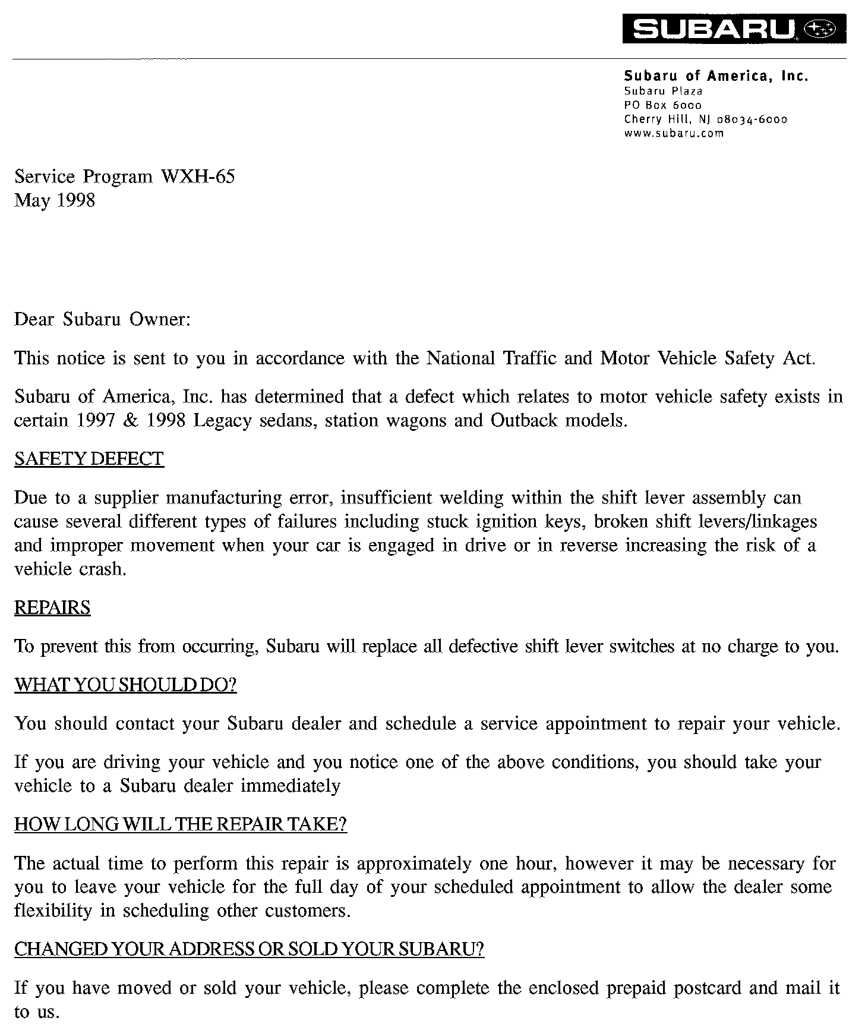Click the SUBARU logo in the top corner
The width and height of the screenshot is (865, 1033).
click(713, 29)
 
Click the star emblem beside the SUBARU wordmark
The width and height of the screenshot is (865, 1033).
click(820, 29)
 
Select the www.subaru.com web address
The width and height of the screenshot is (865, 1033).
click(674, 133)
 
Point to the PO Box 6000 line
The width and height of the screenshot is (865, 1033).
click(662, 105)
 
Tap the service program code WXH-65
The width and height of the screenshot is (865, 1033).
click(198, 177)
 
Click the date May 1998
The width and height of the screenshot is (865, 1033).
click(55, 200)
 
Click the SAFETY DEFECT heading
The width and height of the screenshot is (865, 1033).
click(89, 459)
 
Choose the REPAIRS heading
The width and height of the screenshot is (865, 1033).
click(52, 607)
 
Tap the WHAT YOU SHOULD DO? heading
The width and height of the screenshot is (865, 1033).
click(125, 685)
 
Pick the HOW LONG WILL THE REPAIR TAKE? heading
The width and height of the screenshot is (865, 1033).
click(181, 824)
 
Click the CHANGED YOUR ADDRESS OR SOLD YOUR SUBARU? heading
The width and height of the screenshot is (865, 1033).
click(249, 949)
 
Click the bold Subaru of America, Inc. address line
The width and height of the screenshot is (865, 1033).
click(716, 76)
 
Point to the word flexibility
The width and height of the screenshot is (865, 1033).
click(53, 911)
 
